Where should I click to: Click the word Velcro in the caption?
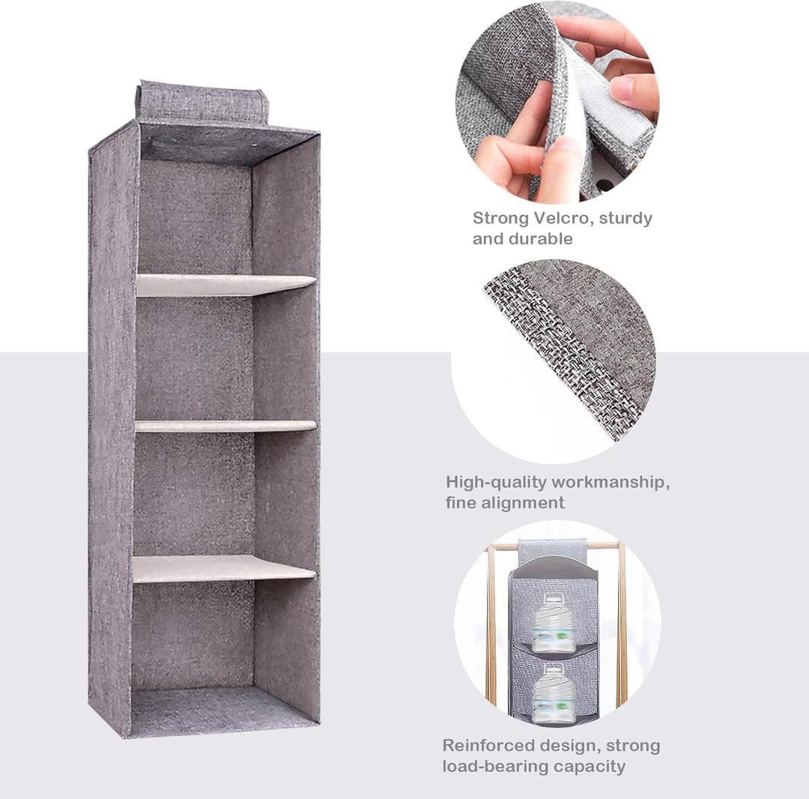[560, 218]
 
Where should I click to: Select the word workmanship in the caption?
[611, 483]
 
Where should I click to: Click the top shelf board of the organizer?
[226, 285]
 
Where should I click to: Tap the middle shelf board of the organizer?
[225, 426]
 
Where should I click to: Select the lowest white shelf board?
[225, 569]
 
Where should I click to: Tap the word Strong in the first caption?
[500, 219]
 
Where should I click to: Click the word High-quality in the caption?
[496, 483]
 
